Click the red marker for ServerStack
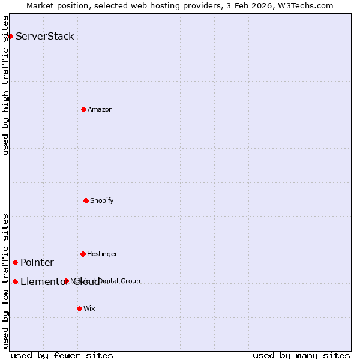(10, 36)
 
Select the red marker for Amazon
(83, 109)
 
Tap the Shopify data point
(86, 200)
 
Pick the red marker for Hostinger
(83, 254)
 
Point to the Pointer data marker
(15, 262)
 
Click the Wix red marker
(79, 308)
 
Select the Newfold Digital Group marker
(66, 281)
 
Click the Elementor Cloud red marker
(15, 281)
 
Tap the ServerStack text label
(45, 36)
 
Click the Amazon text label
(100, 109)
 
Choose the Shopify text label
(102, 200)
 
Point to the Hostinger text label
(102, 254)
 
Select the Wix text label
(89, 308)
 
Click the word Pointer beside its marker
(37, 262)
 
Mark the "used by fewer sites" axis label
(62, 355)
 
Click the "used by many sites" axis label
(301, 355)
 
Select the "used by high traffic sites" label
(5, 85)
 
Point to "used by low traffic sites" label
(5, 281)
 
